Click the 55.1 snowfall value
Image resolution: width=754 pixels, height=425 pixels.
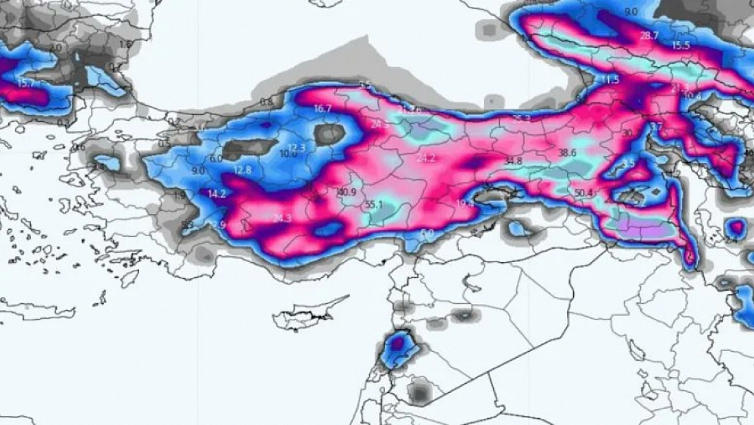pyautogui.click(x=375, y=205)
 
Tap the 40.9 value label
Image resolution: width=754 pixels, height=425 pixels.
pyautogui.click(x=347, y=192)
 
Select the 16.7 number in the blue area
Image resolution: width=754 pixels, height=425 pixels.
pyautogui.click(x=323, y=109)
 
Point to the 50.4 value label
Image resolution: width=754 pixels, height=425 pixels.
pyautogui.click(x=583, y=193)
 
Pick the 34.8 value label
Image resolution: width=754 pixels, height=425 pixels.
pyautogui.click(x=513, y=161)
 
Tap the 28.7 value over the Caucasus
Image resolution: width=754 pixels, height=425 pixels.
pyautogui.click(x=649, y=36)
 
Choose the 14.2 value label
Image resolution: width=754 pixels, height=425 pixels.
pyautogui.click(x=216, y=194)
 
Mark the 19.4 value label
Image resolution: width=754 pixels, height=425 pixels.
pyautogui.click(x=465, y=203)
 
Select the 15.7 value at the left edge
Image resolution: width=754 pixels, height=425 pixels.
pyautogui.click(x=25, y=83)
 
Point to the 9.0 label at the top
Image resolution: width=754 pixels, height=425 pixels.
pyautogui.click(x=631, y=12)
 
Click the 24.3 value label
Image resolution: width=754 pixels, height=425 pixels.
pyautogui.click(x=281, y=219)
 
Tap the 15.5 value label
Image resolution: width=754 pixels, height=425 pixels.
pyautogui.click(x=681, y=45)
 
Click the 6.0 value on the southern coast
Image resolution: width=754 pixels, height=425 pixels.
pyautogui.click(x=427, y=233)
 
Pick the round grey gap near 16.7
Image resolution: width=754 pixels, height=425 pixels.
pyautogui.click(x=329, y=133)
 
